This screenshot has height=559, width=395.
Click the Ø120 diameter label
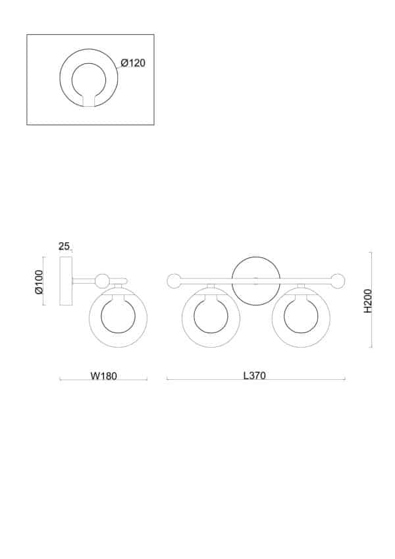(x=133, y=63)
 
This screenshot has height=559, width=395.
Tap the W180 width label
(x=103, y=377)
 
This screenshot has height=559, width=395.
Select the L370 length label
(x=254, y=376)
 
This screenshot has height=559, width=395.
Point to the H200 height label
(x=367, y=300)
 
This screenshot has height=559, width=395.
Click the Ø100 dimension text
(x=39, y=282)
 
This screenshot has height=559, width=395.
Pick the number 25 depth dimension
(x=64, y=246)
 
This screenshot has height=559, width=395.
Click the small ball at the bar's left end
(x=174, y=281)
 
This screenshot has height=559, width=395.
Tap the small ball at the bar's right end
(x=338, y=281)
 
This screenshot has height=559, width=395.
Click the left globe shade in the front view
(x=211, y=318)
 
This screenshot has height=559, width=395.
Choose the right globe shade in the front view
(x=301, y=318)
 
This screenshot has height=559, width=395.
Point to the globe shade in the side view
(x=118, y=318)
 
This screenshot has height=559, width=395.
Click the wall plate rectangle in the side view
(x=66, y=281)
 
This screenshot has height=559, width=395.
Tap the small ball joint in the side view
(x=102, y=281)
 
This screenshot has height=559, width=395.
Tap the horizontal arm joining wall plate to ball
(x=84, y=281)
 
